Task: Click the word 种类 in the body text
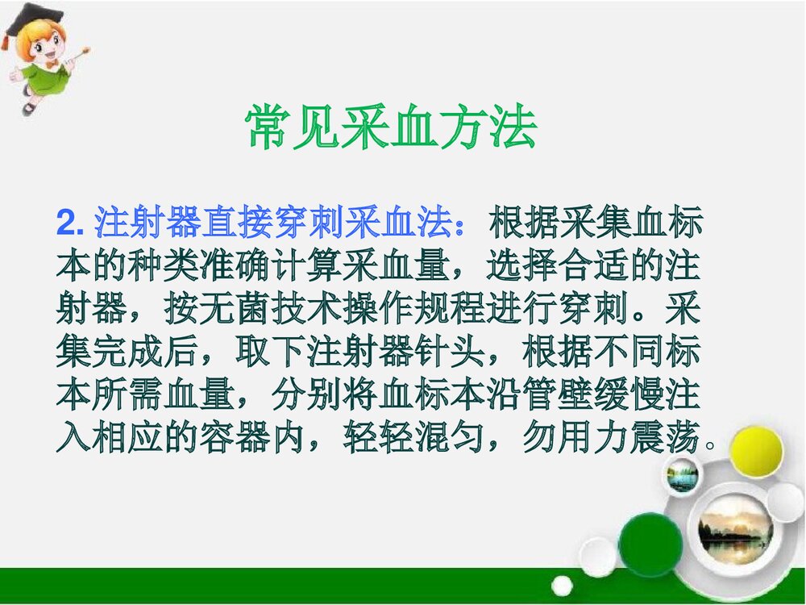pos(165,267)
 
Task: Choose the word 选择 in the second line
pos(523,267)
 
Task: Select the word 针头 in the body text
pos(452,353)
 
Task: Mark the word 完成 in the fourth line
pos(129,353)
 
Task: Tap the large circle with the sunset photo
pos(734,529)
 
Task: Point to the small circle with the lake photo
pos(682,475)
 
